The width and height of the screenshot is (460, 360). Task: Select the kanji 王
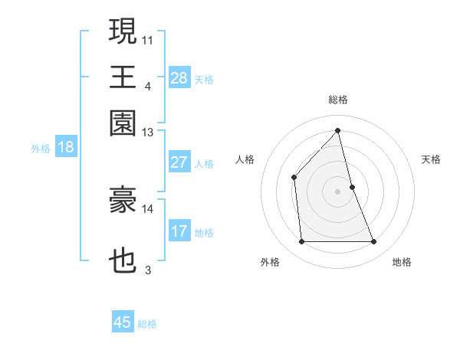tap(123, 77)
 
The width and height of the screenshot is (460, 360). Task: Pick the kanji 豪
tap(123, 200)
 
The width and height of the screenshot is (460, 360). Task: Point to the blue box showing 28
tap(179, 78)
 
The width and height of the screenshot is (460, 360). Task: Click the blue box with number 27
tap(179, 162)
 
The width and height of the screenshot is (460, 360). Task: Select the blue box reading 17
tap(179, 231)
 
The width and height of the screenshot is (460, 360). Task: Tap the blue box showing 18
tap(66, 147)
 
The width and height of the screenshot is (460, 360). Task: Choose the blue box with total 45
tap(123, 322)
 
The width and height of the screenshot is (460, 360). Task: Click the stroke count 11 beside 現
tap(148, 38)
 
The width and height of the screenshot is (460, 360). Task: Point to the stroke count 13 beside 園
tap(148, 133)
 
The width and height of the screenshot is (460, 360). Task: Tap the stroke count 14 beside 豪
tap(148, 208)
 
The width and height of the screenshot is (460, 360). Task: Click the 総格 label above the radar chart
tap(338, 100)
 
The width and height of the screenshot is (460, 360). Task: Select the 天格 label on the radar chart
tap(432, 159)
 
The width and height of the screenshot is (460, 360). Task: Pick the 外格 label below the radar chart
tap(270, 262)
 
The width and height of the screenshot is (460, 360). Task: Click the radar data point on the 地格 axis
tap(374, 242)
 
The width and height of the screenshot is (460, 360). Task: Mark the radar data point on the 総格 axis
tap(338, 130)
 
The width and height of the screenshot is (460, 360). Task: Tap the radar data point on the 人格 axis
tap(294, 177)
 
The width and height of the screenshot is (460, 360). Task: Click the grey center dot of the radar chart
tap(338, 191)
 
